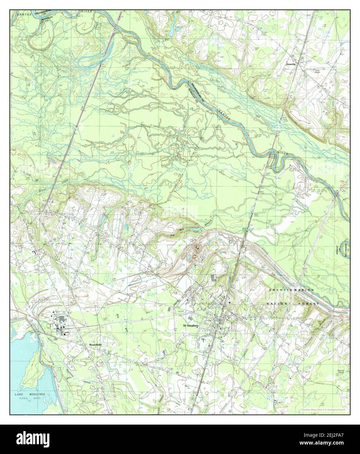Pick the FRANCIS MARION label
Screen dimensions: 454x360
tap(292, 290)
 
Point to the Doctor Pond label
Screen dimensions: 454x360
tap(342, 372)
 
